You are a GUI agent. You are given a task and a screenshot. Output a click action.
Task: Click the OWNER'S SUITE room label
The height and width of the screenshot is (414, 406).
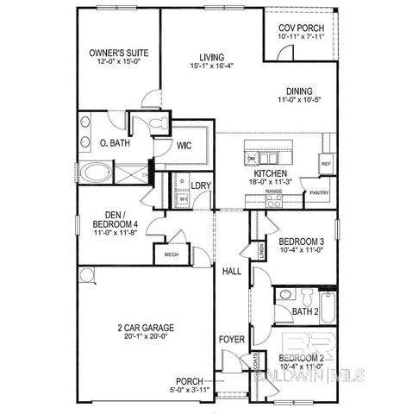pyautogui.click(x=121, y=53)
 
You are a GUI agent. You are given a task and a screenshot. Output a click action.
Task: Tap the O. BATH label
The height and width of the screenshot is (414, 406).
pyautogui.click(x=115, y=143)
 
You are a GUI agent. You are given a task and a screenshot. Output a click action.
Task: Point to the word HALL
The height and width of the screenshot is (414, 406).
pyautogui.click(x=231, y=272)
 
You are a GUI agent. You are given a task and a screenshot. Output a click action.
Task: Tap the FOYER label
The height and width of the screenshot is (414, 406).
pyautogui.click(x=230, y=338)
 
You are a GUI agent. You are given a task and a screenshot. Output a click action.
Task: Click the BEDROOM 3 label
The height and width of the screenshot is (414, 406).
pyautogui.click(x=302, y=241)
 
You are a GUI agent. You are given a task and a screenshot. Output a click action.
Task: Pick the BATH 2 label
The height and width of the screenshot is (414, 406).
pyautogui.click(x=306, y=310)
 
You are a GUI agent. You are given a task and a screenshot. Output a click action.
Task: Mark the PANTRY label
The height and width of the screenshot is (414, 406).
pyautogui.click(x=319, y=193)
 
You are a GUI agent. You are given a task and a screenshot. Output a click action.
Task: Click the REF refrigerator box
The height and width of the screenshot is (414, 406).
pyautogui.click(x=326, y=163)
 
